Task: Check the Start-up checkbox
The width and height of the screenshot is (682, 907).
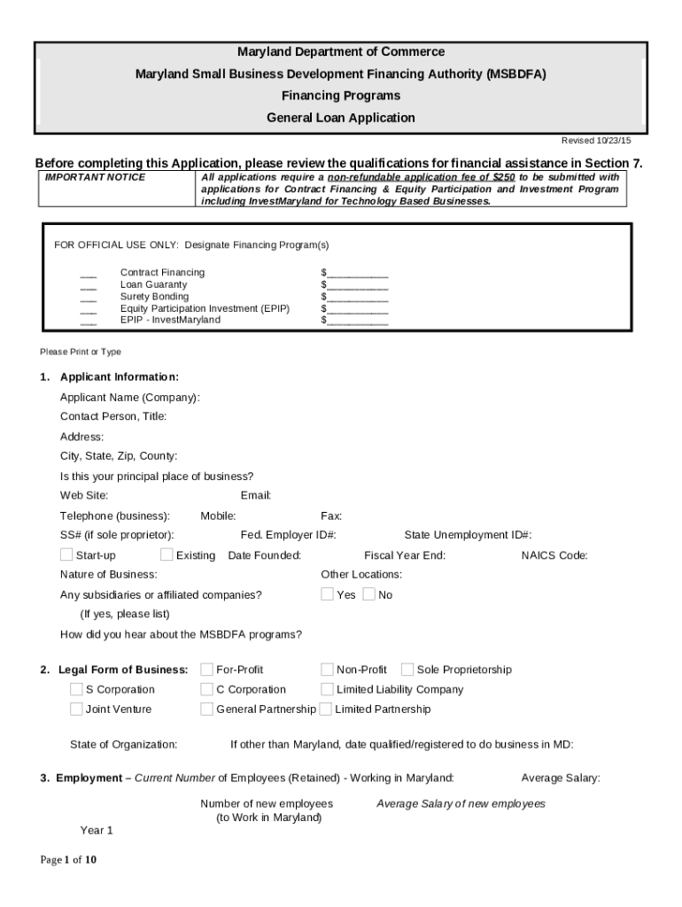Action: click(66, 554)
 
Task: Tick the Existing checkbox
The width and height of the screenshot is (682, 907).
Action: click(167, 554)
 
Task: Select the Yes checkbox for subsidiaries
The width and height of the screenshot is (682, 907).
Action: click(327, 594)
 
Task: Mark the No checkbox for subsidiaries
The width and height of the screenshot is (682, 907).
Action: click(368, 594)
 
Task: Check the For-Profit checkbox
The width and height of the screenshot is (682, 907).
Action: click(207, 669)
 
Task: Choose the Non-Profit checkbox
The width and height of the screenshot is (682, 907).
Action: click(327, 669)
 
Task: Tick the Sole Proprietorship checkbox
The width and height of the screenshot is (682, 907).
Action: click(407, 669)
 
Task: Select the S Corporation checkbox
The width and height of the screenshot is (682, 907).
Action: click(76, 689)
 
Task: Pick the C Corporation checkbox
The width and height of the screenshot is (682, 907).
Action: click(207, 689)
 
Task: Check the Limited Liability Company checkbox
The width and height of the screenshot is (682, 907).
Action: click(327, 689)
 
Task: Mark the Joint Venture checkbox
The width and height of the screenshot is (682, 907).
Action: click(76, 709)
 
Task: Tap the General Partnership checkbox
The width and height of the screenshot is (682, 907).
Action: click(207, 709)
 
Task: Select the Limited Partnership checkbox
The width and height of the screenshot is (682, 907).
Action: click(326, 709)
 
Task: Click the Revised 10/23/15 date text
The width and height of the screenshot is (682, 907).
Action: click(596, 141)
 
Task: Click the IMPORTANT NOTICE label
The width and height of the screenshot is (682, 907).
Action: click(95, 177)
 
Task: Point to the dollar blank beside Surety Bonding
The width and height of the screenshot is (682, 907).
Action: click(354, 297)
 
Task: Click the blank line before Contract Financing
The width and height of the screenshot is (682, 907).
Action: click(88, 273)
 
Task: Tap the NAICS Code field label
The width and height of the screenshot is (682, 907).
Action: click(554, 555)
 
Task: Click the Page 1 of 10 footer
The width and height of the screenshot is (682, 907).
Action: click(68, 859)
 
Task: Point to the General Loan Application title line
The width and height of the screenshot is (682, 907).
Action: click(340, 118)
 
